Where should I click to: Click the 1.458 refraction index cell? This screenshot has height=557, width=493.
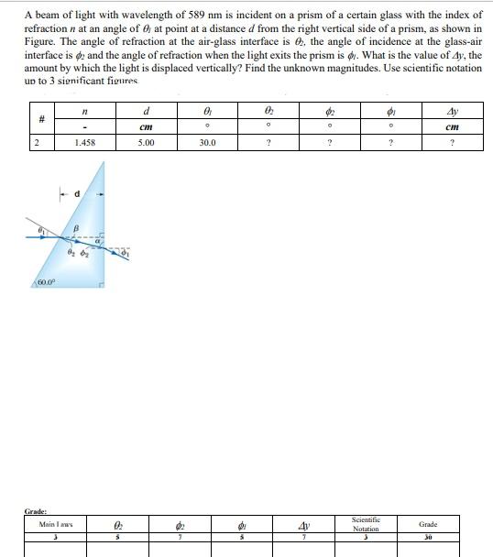coord(84,143)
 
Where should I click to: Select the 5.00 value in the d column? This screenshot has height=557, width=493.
coord(146,143)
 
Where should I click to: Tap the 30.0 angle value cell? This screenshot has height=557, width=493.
coord(207,143)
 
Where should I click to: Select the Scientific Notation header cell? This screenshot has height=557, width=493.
coord(365,524)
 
